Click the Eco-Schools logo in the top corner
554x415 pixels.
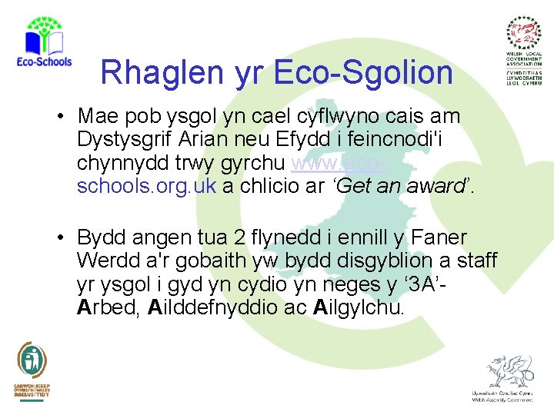pos(43,42)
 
